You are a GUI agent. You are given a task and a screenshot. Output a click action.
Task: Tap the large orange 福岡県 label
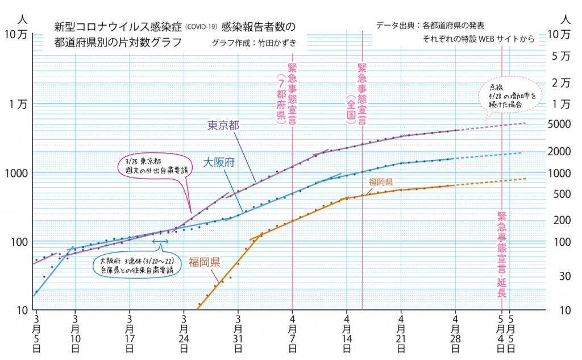click(x=205, y=262)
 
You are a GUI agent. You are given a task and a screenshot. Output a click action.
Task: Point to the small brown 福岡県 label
click(x=381, y=182)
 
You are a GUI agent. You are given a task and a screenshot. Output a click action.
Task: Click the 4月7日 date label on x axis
click(x=292, y=334)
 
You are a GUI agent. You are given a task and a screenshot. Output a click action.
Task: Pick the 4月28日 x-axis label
click(x=456, y=334)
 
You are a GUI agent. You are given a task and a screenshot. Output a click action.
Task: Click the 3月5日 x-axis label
click(x=36, y=334)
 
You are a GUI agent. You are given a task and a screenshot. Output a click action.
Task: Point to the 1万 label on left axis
click(x=16, y=104)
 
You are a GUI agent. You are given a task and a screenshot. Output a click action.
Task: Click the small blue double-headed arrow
click(x=160, y=242)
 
